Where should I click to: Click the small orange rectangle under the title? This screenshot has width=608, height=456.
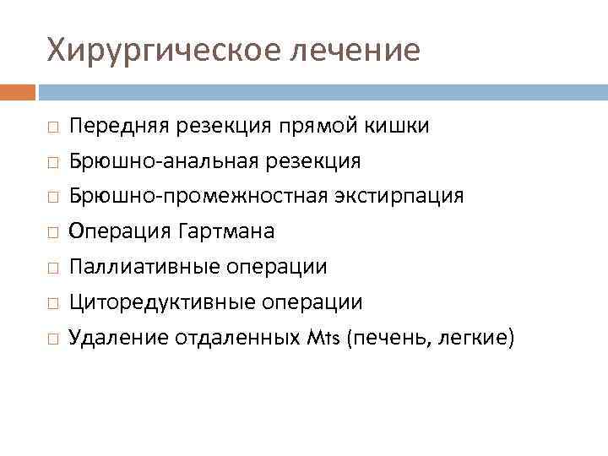[18, 91]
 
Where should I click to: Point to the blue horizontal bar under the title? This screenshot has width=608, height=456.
[322, 91]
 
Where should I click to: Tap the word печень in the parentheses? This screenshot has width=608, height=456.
[388, 338]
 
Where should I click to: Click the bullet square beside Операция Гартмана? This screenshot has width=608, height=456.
[52, 232]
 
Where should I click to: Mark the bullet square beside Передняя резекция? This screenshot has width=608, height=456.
[52, 127]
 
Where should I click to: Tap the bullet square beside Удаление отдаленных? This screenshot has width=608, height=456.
[52, 339]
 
